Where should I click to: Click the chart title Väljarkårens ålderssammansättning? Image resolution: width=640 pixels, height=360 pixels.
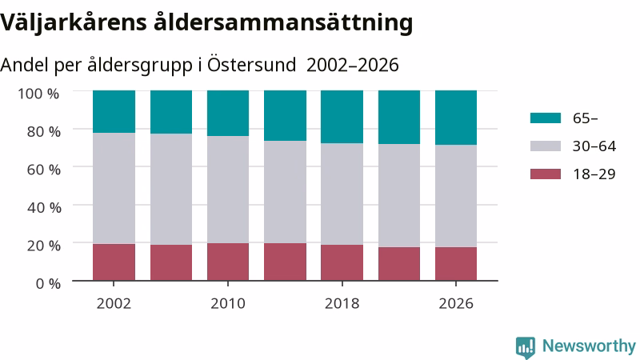point(206,22)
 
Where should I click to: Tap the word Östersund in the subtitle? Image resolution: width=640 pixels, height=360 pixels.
point(251,65)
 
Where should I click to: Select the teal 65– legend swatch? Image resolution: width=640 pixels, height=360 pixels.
point(546,118)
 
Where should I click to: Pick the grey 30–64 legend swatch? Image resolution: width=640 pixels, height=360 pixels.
point(546,146)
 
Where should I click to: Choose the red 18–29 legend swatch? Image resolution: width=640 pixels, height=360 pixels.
point(546,174)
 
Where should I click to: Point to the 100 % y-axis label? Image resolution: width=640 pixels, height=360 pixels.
point(38,94)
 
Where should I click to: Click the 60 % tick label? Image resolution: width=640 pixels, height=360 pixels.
point(44,170)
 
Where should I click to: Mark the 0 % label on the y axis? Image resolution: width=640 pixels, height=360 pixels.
point(48,283)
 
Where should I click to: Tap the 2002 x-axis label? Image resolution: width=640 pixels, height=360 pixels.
point(114,304)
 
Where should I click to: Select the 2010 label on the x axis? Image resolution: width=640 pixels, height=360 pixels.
point(228,304)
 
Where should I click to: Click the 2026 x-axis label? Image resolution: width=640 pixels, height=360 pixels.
point(456,304)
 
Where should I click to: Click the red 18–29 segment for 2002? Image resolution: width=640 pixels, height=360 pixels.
point(114,262)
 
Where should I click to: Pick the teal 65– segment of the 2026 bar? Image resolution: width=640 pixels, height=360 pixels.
point(456,118)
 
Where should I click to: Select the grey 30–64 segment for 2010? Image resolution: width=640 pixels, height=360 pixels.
point(228,190)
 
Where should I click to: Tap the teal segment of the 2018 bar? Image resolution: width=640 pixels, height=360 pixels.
point(342,117)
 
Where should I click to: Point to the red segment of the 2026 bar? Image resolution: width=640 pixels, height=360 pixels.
point(456,264)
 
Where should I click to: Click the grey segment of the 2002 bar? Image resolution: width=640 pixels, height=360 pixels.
point(114,188)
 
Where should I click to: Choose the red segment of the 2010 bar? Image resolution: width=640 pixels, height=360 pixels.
point(228,262)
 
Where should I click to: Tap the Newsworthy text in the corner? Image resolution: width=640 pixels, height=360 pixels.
point(589,346)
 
